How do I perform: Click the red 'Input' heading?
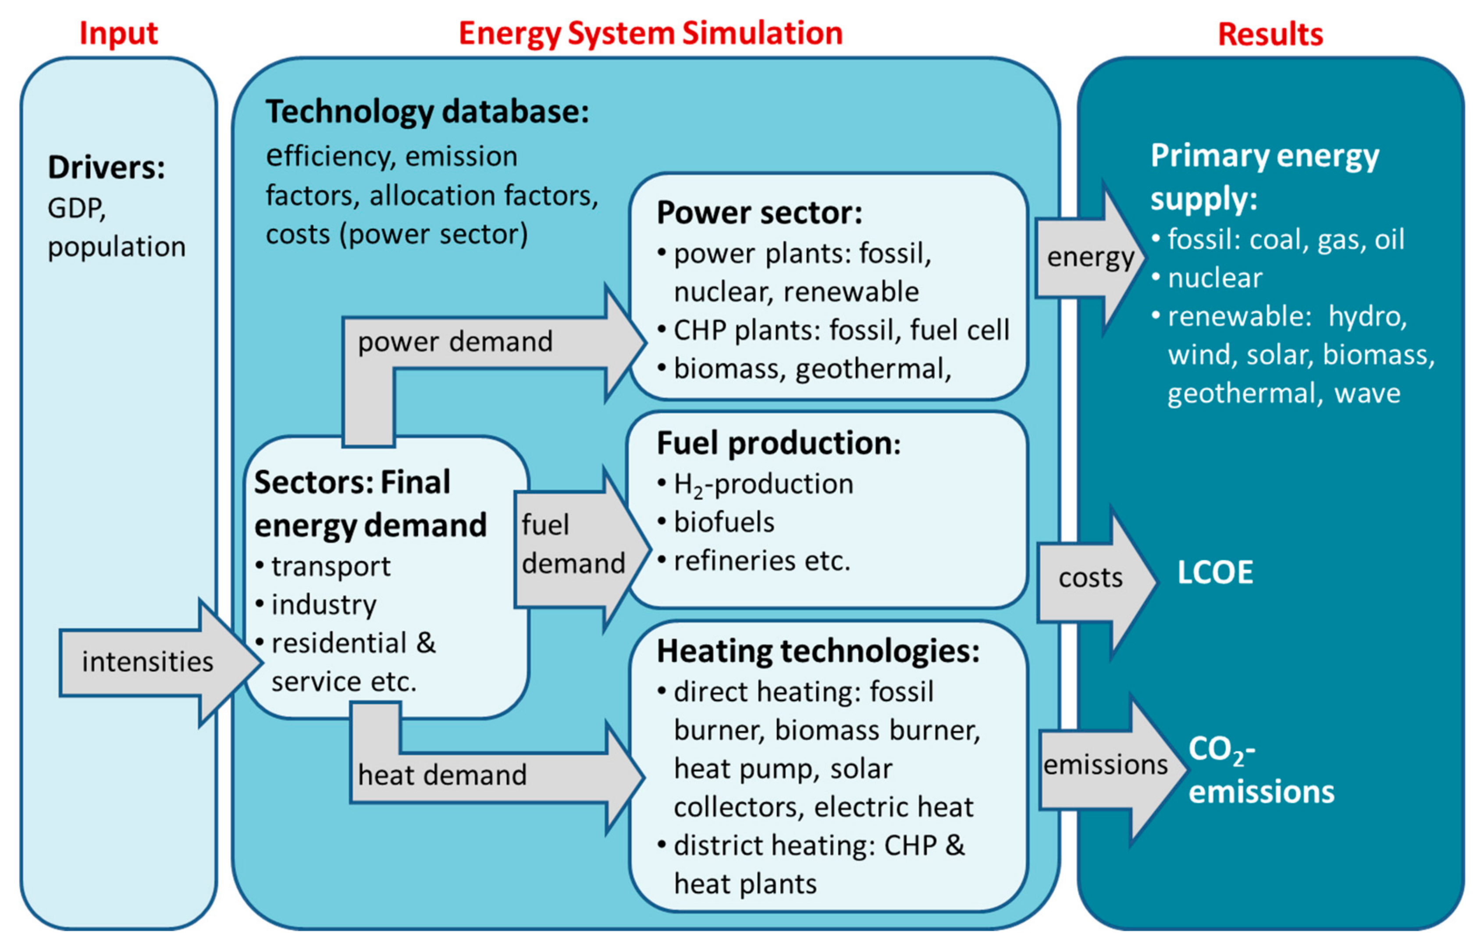point(119,33)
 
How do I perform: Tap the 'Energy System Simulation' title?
point(650,33)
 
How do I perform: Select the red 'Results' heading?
point(1270,35)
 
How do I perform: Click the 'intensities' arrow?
point(147,662)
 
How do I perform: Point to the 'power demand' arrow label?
point(455,341)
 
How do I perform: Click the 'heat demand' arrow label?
point(442,775)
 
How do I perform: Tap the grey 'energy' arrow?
point(1090,257)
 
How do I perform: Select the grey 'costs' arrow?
point(1090,578)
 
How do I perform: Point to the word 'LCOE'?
point(1214,572)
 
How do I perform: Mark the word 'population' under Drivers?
point(117,247)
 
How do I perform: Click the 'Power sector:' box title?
point(759,213)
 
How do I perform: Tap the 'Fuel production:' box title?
point(778,443)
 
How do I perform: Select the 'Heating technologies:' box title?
point(818,651)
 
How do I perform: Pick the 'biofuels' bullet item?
point(723,522)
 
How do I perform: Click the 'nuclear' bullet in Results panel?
point(1214,278)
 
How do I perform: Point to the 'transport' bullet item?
point(330,566)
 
